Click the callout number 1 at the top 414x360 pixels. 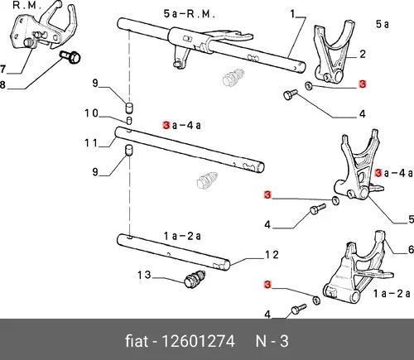(293, 14)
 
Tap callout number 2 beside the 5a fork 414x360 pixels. (363, 54)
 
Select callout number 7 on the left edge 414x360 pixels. (2, 69)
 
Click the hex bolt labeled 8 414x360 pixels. (70, 57)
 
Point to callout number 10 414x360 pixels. (91, 113)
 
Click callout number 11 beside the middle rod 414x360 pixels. (91, 143)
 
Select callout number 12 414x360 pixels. (272, 255)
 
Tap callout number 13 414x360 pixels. (144, 275)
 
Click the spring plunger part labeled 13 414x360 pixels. (195, 279)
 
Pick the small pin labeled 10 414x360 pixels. (129, 120)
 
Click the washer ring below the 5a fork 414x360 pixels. (309, 86)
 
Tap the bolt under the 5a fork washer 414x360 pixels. (291, 94)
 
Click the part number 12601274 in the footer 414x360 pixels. (198, 341)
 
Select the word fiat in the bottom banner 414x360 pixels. (137, 341)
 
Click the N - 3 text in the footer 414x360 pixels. (272, 341)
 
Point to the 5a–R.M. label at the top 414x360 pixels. (189, 14)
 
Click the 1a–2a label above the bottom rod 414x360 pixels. (182, 236)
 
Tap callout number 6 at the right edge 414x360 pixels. (411, 250)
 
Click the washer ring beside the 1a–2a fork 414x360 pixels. (316, 300)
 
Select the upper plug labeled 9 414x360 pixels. (129, 108)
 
